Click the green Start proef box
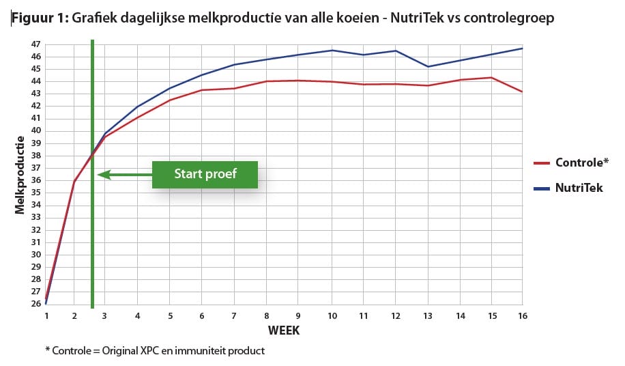[205, 174]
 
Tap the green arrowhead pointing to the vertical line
[102, 175]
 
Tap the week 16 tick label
[522, 316]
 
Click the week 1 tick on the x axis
[46, 316]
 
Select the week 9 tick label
[298, 316]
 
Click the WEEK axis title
[283, 330]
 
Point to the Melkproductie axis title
[20, 175]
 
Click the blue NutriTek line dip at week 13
[428, 66]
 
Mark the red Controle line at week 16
[523, 91]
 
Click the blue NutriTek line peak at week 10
[332, 50]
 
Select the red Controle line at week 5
[170, 100]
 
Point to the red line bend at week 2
[74, 181]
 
